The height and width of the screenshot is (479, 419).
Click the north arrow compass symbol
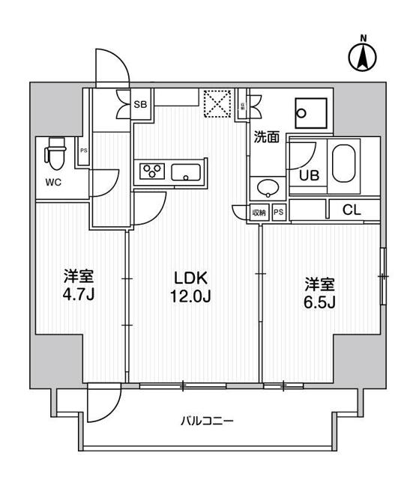(x=363, y=55)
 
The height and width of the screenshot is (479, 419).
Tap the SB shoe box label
(x=139, y=105)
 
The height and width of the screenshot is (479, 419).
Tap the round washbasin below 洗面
(x=266, y=187)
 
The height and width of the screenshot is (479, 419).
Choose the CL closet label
(x=351, y=211)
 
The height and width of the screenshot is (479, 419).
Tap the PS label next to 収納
(x=278, y=212)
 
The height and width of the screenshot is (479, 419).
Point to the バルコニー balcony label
(x=207, y=421)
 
